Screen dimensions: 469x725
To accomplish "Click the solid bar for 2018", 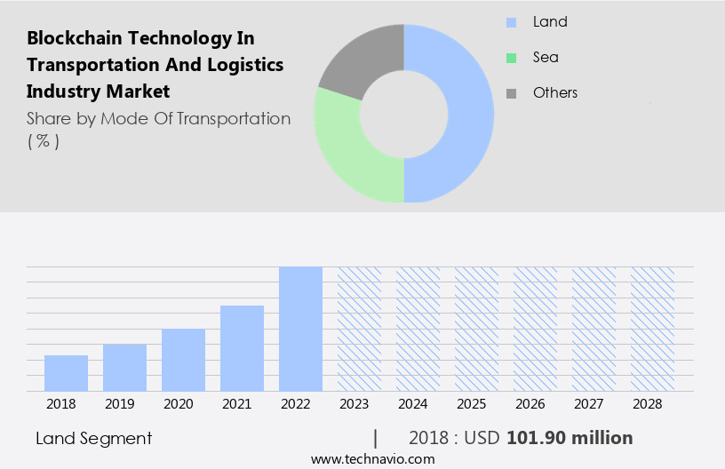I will (x=66, y=373).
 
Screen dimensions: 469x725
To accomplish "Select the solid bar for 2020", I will (x=183, y=360).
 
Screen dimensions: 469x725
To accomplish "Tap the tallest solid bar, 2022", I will (x=300, y=329).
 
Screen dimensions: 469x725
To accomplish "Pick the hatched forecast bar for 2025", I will (x=476, y=329).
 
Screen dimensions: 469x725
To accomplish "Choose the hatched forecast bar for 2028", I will (x=652, y=329).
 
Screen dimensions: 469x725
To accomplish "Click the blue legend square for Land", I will (x=511, y=22).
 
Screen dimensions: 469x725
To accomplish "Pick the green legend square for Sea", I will (x=511, y=58).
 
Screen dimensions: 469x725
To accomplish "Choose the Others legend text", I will (x=555, y=93).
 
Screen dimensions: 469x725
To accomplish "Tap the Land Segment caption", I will (x=94, y=438).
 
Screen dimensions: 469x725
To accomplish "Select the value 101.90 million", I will (x=570, y=438).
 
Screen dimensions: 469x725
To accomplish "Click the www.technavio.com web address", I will (x=372, y=459).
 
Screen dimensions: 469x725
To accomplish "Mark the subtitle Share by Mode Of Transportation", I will (x=158, y=119).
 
